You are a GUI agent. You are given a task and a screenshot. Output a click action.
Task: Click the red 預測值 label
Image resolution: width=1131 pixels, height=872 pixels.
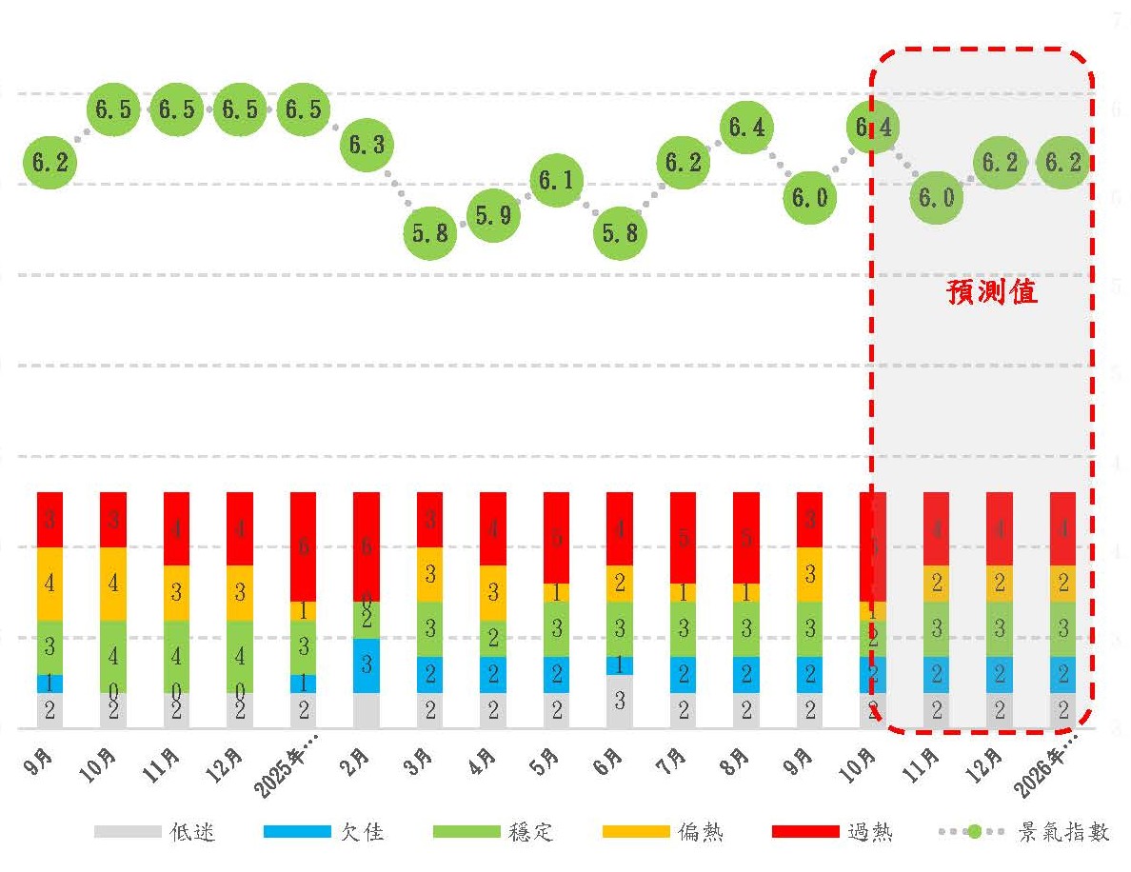pyautogui.click(x=991, y=291)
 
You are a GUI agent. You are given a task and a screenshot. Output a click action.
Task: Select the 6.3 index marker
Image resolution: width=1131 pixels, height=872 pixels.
pyautogui.click(x=367, y=145)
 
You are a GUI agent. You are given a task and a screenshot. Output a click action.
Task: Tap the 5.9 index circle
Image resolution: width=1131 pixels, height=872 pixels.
pyautogui.click(x=493, y=215)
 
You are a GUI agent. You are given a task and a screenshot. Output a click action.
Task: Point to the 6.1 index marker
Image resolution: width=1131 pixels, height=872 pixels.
pyautogui.click(x=556, y=180)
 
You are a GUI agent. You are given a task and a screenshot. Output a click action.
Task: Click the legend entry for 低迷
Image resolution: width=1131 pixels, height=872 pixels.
pyautogui.click(x=156, y=832)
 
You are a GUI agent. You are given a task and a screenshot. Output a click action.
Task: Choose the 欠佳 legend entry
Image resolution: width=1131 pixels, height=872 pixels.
pyautogui.click(x=323, y=832)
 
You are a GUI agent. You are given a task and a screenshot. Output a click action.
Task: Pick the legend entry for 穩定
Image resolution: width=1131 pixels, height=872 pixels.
pyautogui.click(x=492, y=832)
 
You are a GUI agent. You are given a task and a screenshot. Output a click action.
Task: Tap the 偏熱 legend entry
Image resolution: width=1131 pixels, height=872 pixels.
pyautogui.click(x=663, y=832)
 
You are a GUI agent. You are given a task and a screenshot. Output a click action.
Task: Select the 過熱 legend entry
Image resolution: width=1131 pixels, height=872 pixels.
pyautogui.click(x=832, y=832)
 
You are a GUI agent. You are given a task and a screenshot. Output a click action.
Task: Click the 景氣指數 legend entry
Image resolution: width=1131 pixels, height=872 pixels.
pyautogui.click(x=1023, y=832)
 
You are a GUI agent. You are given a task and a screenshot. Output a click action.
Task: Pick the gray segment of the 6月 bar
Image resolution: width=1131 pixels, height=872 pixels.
pyautogui.click(x=620, y=702)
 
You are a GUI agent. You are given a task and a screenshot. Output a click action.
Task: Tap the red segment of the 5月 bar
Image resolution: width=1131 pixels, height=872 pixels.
pyautogui.click(x=556, y=537)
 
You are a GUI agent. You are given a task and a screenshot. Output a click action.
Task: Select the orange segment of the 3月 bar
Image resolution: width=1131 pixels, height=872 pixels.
pyautogui.click(x=429, y=574)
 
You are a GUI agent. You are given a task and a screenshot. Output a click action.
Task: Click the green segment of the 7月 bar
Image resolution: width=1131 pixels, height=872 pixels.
pyautogui.click(x=683, y=628)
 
